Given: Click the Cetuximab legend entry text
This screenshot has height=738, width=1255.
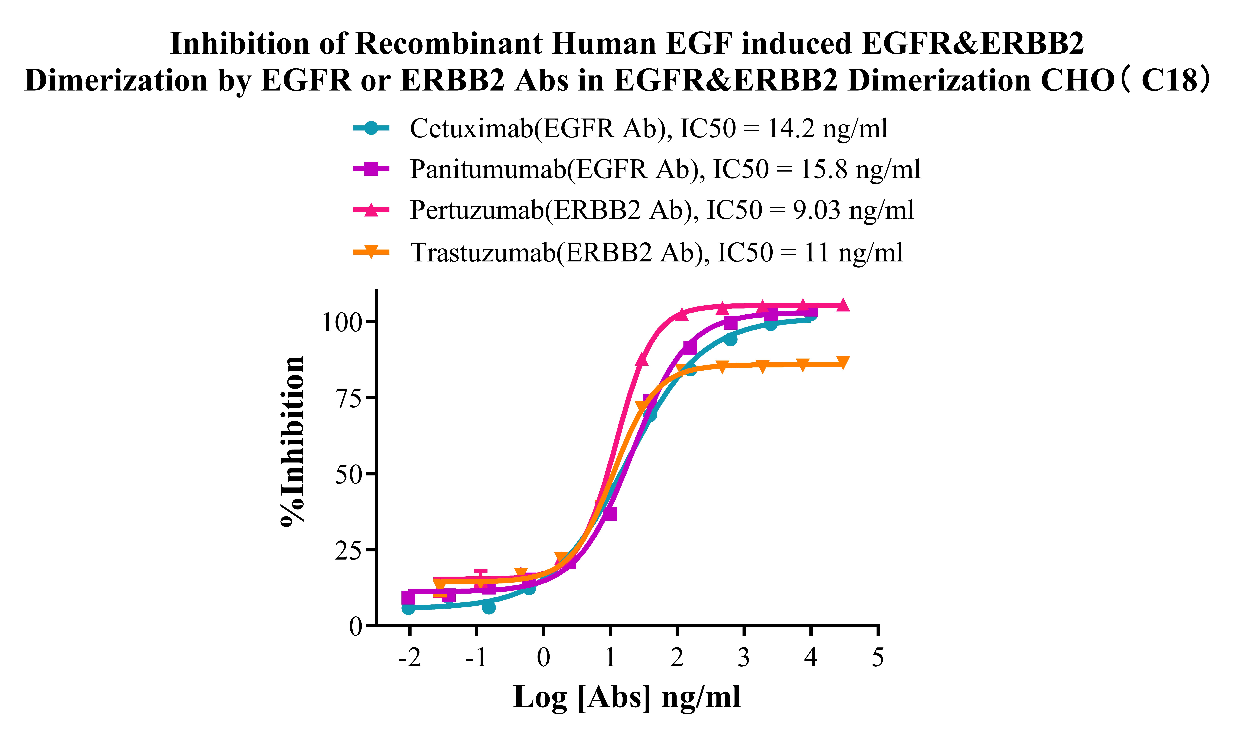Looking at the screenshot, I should [x=648, y=129].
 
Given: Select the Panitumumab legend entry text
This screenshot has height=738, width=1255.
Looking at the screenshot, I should [x=665, y=169].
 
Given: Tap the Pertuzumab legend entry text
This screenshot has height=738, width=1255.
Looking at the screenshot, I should [x=661, y=210].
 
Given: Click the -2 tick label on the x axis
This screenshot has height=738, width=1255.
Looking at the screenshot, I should [x=409, y=658].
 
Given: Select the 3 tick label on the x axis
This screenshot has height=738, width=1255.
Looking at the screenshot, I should [x=744, y=658].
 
